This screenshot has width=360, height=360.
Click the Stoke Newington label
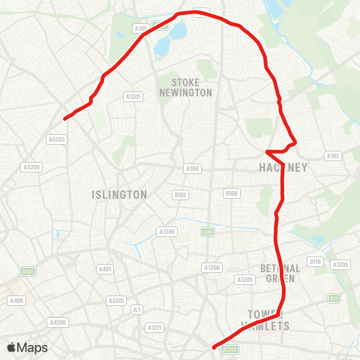pos(186,87)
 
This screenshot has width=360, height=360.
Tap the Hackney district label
pos(283,168)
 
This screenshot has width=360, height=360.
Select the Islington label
pos(118,194)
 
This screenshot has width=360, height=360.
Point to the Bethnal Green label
pos(280,272)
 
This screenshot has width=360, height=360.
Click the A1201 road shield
pos(133,96)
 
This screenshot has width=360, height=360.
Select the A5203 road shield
pos(56,139)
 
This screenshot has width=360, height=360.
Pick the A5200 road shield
pos(31,166)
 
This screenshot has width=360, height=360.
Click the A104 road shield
pos(193,169)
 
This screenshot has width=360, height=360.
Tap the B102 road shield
pos(180,194)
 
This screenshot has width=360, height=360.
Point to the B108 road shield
pos(232,193)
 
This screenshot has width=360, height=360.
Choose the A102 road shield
pos(333,156)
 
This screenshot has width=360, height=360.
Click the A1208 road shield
pos(211,267)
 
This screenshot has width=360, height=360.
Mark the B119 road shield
pos(315,262)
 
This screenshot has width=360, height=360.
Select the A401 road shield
pos(105,268)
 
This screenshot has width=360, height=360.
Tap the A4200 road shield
pos(58,322)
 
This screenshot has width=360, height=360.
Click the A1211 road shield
pos(154,327)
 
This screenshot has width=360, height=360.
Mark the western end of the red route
pos(65,118)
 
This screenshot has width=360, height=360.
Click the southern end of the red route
pos(214,347)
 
